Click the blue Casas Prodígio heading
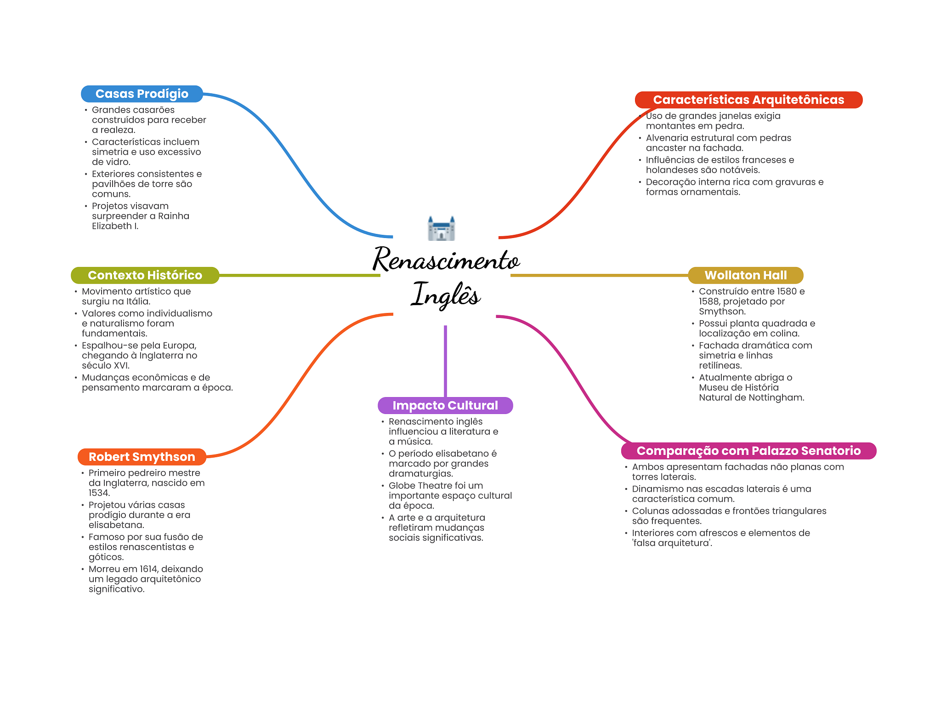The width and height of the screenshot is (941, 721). coord(142,94)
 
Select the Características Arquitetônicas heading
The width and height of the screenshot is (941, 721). coord(748,100)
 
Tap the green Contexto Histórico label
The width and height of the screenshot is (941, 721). coord(145,275)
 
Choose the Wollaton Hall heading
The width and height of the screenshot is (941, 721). coord(745,275)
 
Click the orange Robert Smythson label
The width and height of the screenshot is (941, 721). coord(142,457)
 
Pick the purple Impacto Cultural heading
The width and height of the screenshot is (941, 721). coord(445,405)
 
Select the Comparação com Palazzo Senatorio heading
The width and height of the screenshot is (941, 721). coord(748,451)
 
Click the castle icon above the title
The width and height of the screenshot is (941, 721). coord(441,228)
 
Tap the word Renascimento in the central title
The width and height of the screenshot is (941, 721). coord(446,260)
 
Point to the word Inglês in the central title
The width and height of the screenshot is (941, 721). coord(446,294)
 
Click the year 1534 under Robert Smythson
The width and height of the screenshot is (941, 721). coord(99,493)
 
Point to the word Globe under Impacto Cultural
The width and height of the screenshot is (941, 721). coord(402,486)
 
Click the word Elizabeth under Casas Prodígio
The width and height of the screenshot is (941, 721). coord(112,226)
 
